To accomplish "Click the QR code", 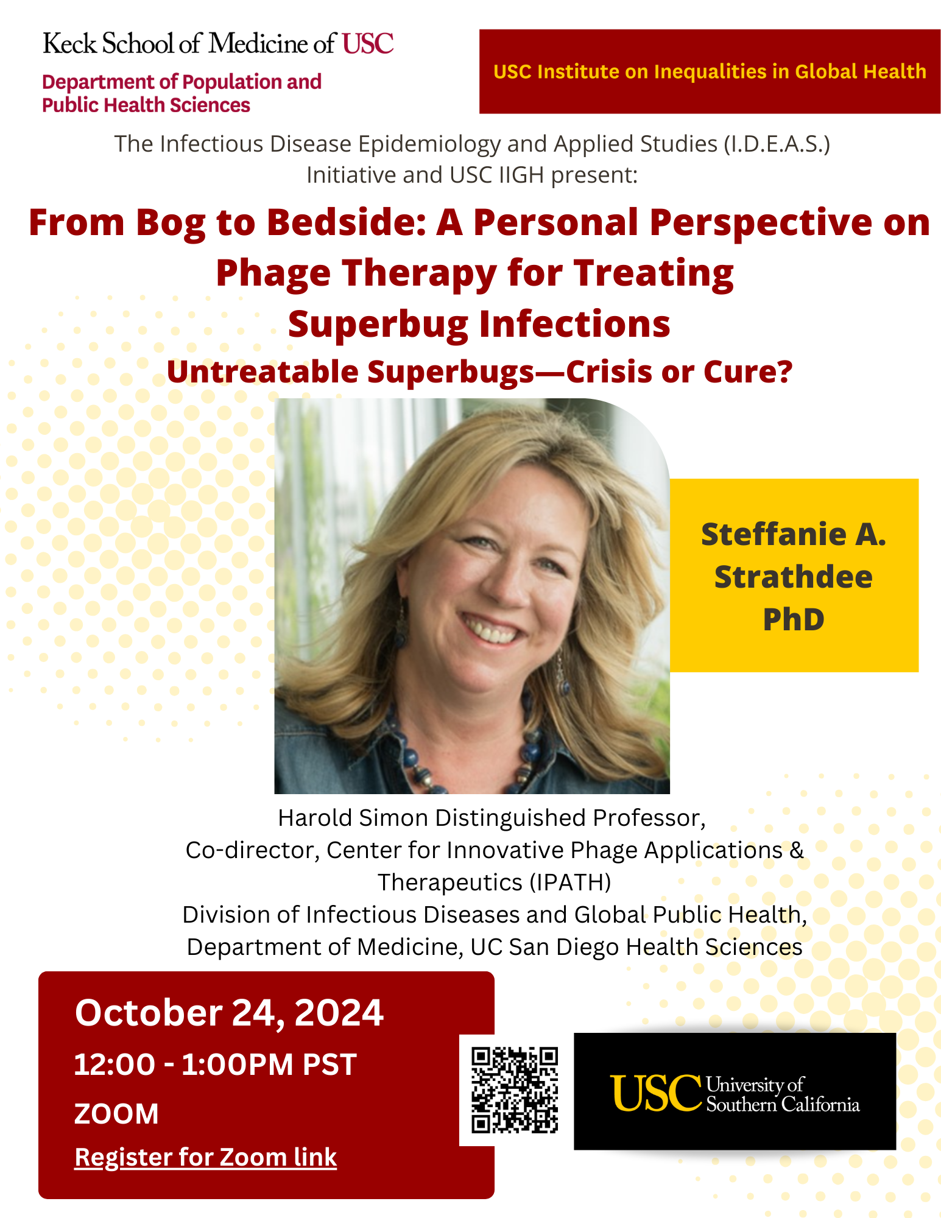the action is click(515, 1090).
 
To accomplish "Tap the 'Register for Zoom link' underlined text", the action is click(205, 1158).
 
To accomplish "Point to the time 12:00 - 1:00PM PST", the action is click(215, 1065).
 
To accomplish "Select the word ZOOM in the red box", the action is click(116, 1114).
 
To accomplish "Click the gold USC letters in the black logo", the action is click(656, 1093).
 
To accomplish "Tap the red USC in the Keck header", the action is click(368, 44).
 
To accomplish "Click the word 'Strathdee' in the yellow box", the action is click(794, 577).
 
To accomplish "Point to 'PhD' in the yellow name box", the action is click(794, 619).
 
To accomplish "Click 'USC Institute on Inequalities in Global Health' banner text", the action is click(710, 71).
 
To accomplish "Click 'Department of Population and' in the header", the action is click(182, 82).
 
